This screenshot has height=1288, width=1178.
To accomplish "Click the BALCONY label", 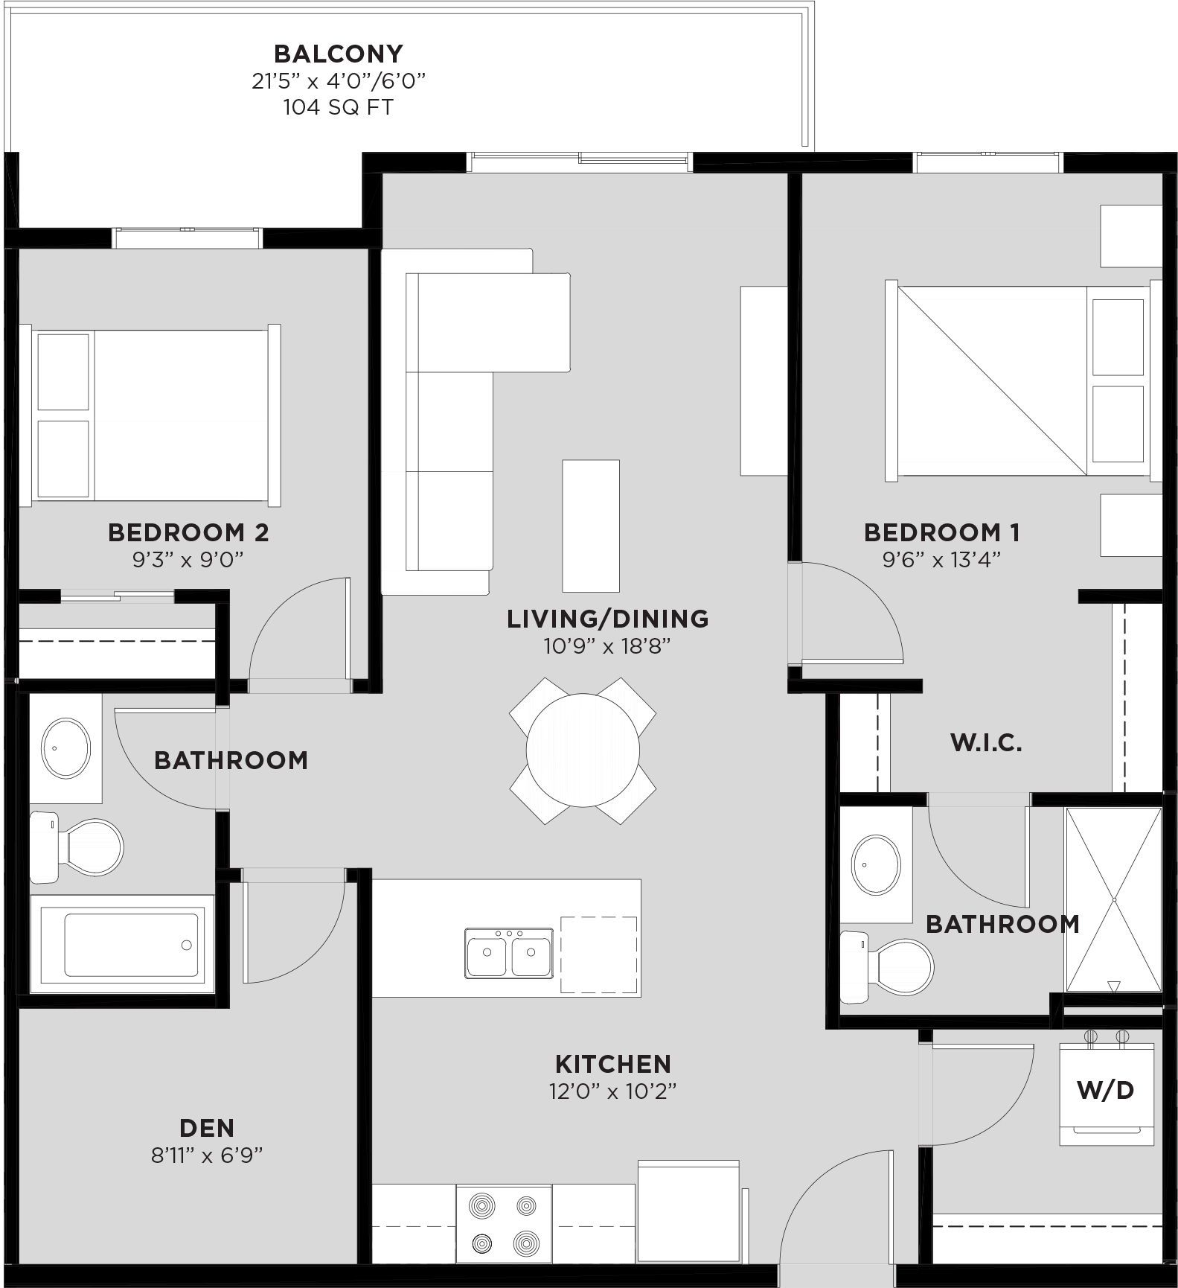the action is click(339, 54).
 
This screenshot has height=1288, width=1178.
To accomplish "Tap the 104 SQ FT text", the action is click(339, 107).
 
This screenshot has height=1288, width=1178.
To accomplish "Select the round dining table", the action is click(583, 750).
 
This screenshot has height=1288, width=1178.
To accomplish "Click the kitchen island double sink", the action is click(509, 952).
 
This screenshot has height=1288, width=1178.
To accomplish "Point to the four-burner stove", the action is click(504, 1223).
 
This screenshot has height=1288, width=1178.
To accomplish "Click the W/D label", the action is click(1106, 1091).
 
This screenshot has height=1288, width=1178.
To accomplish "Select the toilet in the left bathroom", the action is click(76, 847).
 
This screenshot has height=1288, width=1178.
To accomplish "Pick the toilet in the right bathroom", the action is click(886, 966).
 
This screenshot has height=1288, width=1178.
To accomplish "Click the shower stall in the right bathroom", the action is click(1113, 899).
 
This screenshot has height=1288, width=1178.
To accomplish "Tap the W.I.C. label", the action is click(986, 743).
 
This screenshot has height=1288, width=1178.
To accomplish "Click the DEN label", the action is click(207, 1128).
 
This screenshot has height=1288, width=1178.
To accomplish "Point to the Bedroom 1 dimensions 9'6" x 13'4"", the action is click(941, 559).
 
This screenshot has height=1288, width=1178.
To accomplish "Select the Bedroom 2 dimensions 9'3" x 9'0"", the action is click(188, 559).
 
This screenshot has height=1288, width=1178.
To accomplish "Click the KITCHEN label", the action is click(613, 1064).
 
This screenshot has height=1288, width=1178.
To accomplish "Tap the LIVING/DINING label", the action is click(608, 619).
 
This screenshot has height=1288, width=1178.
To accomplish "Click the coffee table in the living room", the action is click(591, 526).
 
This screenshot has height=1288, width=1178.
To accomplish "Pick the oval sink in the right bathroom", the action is click(876, 864).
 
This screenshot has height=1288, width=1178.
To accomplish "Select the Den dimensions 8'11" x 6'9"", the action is click(207, 1155).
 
